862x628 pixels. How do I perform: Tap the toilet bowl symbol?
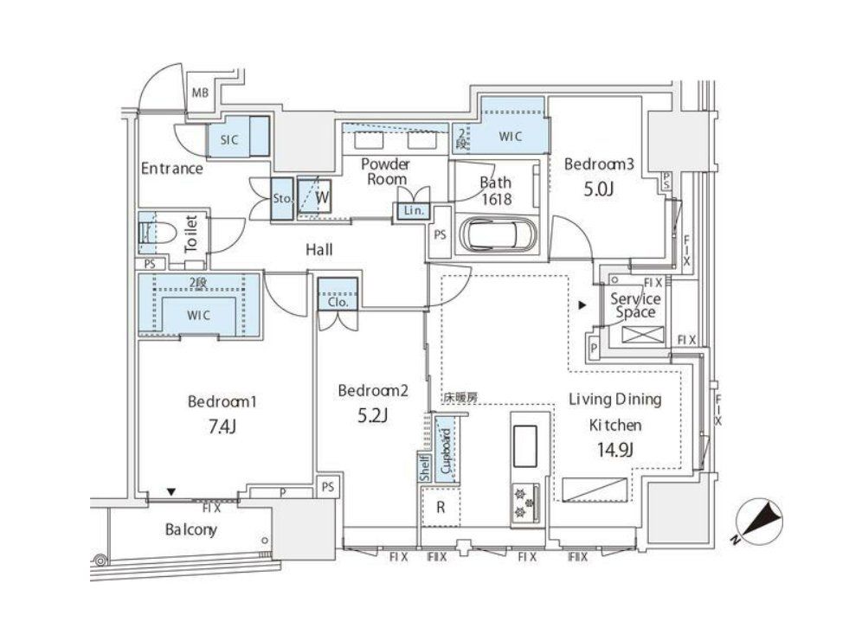tap(158, 233)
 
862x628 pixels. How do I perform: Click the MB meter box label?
tap(200, 93)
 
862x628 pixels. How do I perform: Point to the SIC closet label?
tap(229, 138)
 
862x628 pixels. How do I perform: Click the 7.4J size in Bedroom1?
tap(223, 426)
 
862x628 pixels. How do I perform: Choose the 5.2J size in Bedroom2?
tap(372, 416)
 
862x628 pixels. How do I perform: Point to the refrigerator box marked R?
tap(441, 507)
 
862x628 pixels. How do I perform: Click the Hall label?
tap(318, 250)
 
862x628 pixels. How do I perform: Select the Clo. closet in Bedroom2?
tap(337, 303)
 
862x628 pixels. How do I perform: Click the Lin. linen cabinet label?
tap(409, 210)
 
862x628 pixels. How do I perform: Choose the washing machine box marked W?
tap(321, 195)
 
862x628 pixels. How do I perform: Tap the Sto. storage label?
tap(283, 197)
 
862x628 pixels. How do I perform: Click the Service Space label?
tap(635, 304)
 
